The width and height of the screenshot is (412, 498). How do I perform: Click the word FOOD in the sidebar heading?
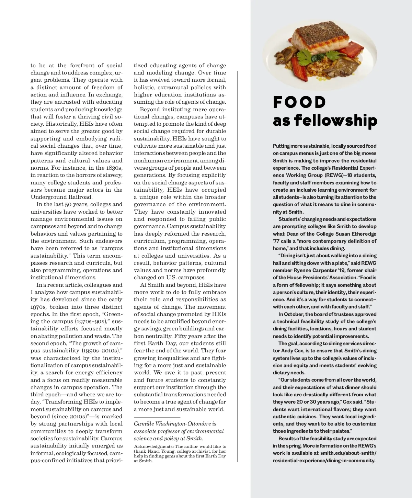coord(299,102)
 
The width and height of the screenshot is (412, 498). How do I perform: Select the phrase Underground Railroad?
coord(62,197)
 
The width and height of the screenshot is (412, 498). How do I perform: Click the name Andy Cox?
coord(292,351)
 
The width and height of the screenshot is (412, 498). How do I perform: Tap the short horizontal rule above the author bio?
coord(152,417)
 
